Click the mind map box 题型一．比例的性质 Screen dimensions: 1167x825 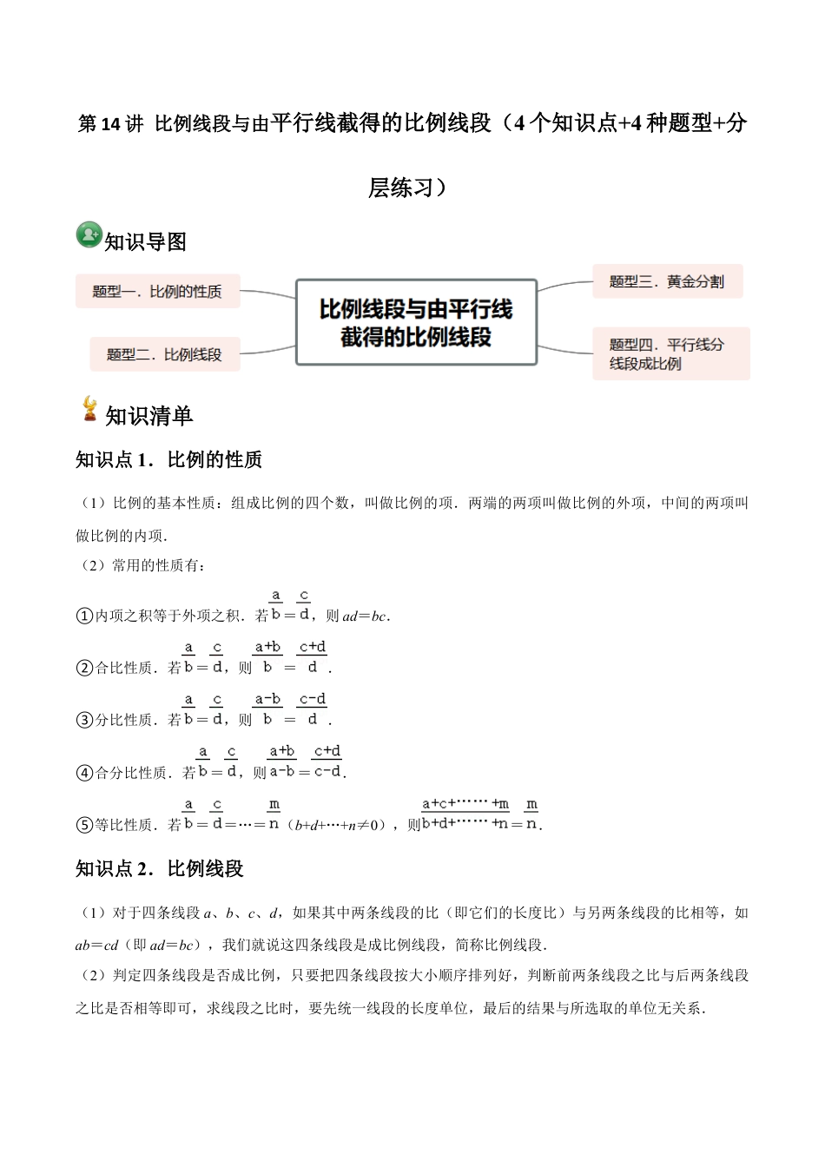[157, 292]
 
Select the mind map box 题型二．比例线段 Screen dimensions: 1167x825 [164, 354]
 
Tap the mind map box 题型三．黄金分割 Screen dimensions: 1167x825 [667, 281]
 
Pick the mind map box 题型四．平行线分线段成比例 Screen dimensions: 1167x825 [670, 353]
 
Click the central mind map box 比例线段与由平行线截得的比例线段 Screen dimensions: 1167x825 [416, 322]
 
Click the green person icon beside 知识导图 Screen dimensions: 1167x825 [89, 234]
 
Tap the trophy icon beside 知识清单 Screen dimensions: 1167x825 [89, 409]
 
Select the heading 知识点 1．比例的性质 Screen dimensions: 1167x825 [169, 459]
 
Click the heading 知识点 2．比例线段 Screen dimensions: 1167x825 [160, 868]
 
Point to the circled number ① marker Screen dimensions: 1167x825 [84, 616]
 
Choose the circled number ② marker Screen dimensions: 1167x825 [84, 668]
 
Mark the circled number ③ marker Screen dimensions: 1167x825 [84, 720]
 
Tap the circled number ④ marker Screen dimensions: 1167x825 [84, 773]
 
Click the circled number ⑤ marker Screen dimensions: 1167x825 [84, 825]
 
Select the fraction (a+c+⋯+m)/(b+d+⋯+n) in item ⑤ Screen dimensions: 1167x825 [465, 814]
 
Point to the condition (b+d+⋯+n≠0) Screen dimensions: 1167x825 [338, 825]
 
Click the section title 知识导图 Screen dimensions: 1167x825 [146, 242]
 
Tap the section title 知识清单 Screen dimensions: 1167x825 [148, 416]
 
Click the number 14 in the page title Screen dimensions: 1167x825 [111, 124]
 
